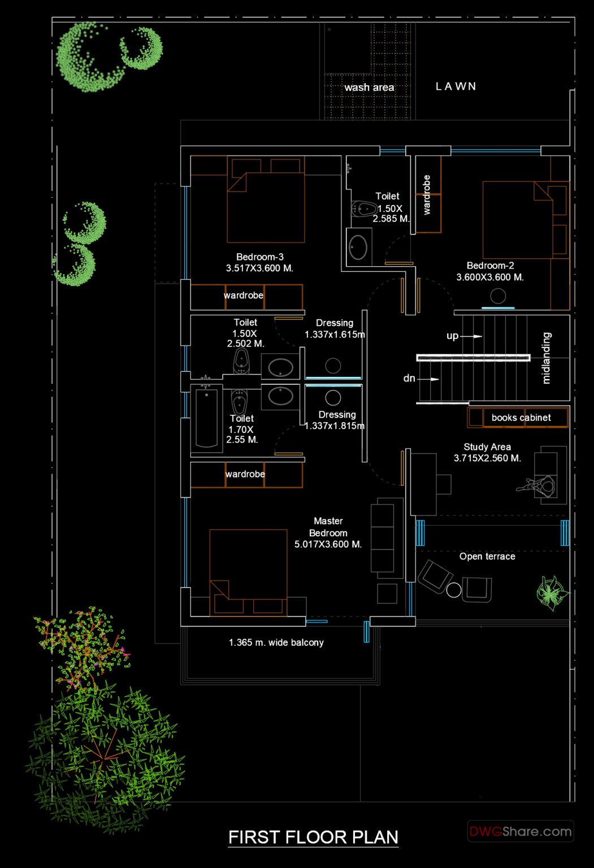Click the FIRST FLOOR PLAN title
[x=313, y=837]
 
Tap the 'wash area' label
[x=369, y=88]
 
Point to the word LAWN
[x=456, y=86]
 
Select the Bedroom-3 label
[x=260, y=257]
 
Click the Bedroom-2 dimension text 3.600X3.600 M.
[x=490, y=277]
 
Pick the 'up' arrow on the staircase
[x=470, y=336]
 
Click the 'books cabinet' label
[x=521, y=418]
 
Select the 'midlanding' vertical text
[x=546, y=358]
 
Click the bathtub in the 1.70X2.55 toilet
[x=207, y=418]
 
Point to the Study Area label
[x=487, y=447]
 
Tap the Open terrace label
[x=487, y=557]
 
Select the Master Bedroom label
[x=328, y=527]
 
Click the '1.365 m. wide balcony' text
[x=276, y=643]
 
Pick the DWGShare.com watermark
[x=521, y=831]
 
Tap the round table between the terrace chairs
[x=454, y=591]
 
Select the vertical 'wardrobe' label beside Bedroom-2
[x=427, y=195]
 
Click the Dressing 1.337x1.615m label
[x=335, y=328]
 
